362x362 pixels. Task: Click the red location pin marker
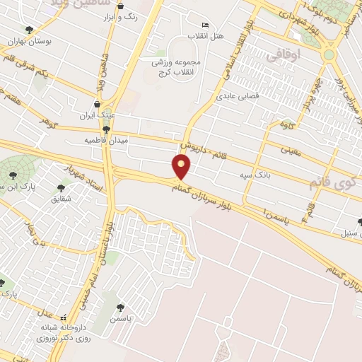(182, 168)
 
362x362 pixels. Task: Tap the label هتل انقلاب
(204, 34)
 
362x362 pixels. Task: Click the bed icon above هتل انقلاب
(205, 25)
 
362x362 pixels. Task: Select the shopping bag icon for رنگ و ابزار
(119, 6)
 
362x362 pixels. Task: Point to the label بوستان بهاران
(30, 42)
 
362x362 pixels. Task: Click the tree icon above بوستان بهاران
(29, 30)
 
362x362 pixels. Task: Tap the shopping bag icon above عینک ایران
(97, 104)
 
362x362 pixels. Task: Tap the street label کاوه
(286, 126)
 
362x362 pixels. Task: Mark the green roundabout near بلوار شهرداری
(329, 54)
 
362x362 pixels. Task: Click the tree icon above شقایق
(61, 188)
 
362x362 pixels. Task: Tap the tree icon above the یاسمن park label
(120, 308)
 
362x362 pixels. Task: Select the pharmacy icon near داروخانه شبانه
(64, 318)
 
